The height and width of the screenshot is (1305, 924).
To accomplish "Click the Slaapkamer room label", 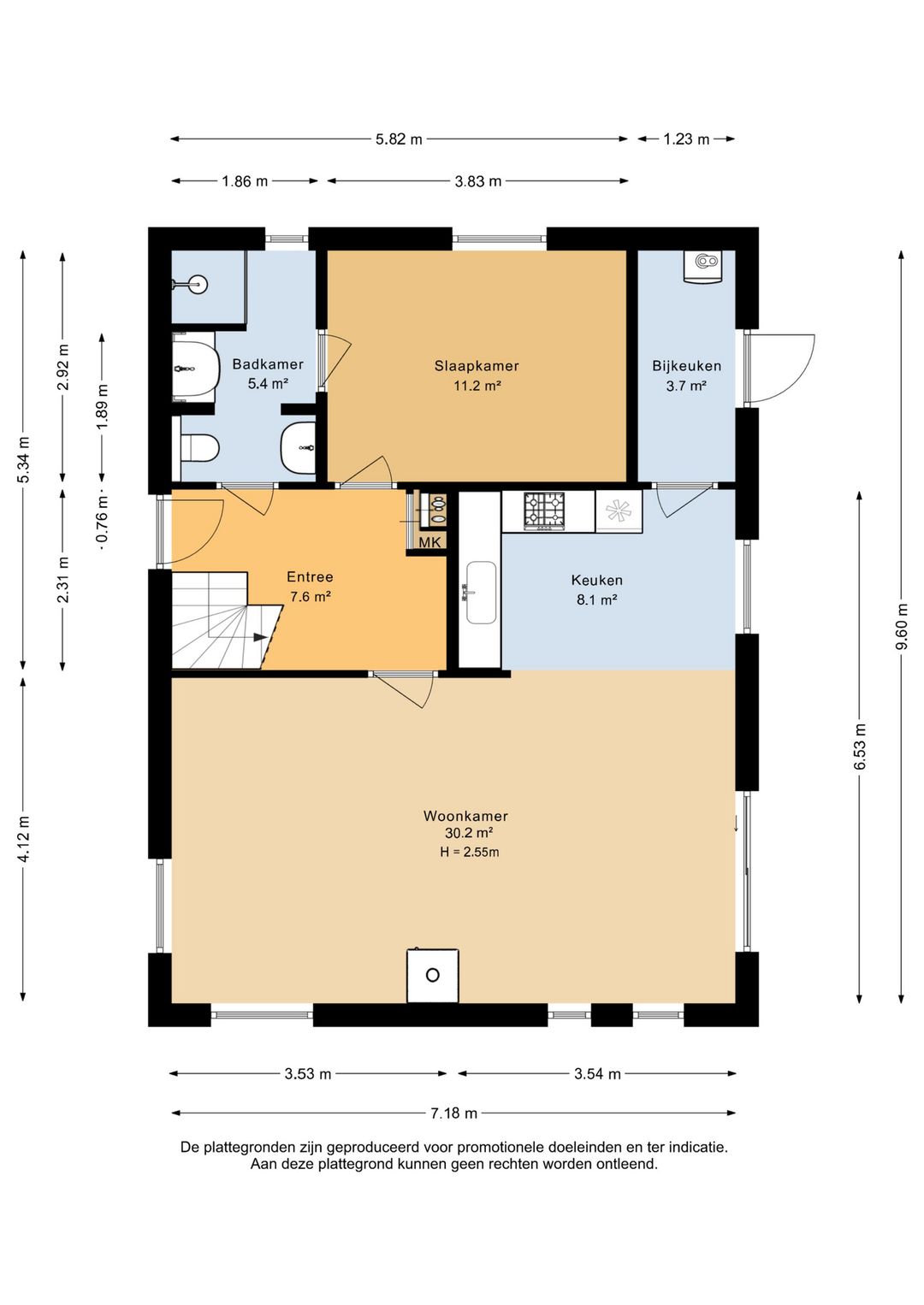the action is [477, 366].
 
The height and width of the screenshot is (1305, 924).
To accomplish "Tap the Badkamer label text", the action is [268, 364].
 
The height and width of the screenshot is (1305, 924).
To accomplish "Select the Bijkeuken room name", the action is [686, 366].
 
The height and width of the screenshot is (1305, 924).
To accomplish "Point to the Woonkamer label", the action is [465, 816].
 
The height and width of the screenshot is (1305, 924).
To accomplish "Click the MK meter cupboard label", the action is [430, 542].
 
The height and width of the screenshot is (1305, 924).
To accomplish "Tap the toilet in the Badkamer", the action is [199, 448].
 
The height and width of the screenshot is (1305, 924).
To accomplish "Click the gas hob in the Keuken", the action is [544, 511].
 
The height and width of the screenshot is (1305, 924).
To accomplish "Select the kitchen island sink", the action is [480, 593].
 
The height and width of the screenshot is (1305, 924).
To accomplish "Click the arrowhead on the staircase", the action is [260, 637].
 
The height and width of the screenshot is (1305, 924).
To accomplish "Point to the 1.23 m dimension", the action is [686, 139].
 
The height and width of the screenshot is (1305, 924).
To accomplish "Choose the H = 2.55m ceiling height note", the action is [470, 852].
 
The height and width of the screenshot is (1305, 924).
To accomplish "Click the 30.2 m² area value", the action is [469, 833].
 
